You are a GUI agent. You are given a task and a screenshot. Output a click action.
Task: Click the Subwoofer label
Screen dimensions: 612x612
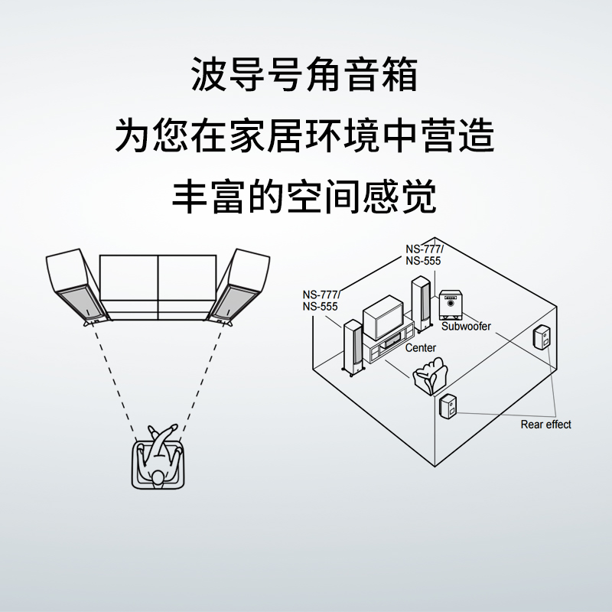click(x=466, y=327)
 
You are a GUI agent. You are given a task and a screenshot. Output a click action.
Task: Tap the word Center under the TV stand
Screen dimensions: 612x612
click(x=420, y=348)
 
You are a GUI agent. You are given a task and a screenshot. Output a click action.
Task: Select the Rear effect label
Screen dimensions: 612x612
click(x=545, y=425)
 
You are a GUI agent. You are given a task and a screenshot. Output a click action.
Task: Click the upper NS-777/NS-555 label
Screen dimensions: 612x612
click(x=423, y=255)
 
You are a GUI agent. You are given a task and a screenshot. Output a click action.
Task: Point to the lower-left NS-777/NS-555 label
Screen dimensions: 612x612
click(x=321, y=301)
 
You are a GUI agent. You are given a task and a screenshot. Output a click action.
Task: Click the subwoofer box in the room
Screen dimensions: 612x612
click(x=451, y=304)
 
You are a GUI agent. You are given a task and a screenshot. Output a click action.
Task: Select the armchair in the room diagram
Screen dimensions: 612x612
click(x=429, y=377)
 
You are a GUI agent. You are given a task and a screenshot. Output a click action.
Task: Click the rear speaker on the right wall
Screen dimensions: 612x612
click(x=542, y=337)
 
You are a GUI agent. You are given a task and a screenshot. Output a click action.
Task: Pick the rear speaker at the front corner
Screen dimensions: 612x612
click(x=448, y=405)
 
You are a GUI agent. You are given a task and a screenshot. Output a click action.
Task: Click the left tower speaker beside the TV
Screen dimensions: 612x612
click(x=353, y=345)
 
